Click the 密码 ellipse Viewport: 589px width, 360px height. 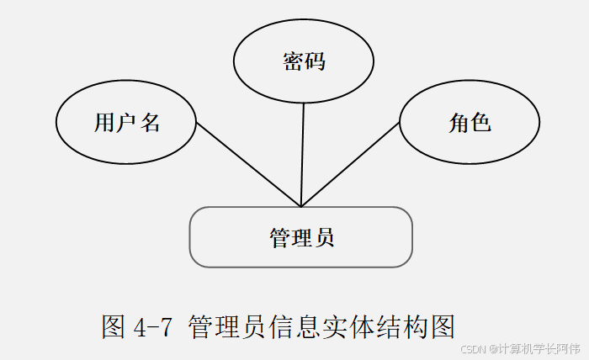[x=303, y=61]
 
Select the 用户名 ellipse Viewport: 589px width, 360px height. [x=126, y=123]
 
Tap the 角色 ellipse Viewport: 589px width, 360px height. [x=470, y=123]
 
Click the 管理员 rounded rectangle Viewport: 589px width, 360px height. [x=301, y=237]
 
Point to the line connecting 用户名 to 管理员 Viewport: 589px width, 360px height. [x=248, y=165]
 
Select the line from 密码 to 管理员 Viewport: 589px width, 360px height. [x=302, y=156]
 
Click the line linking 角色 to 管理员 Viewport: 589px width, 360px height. [x=350, y=165]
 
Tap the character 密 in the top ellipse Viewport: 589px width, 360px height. [x=292, y=61]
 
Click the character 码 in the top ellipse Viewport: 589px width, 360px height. [x=315, y=61]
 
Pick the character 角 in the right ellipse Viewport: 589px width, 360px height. [x=459, y=123]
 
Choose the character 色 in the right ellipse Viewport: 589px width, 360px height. [x=481, y=123]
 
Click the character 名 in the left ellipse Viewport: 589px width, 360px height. [x=150, y=123]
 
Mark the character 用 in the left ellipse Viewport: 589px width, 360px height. [x=103, y=123]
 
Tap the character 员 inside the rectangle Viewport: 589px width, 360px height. [x=324, y=237]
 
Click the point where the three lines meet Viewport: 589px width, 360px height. [x=301, y=206]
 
